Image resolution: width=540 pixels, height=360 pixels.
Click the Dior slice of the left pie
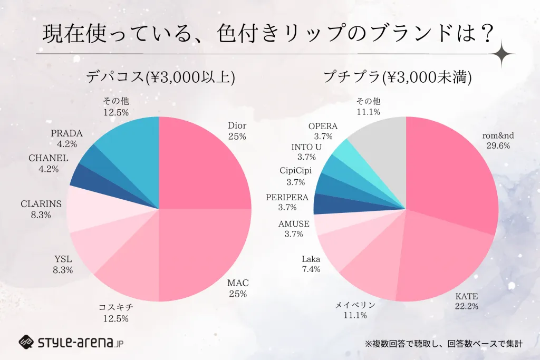click(203, 163)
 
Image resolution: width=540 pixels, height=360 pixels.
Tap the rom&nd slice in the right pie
click(454, 169)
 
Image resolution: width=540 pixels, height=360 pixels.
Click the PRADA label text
click(67, 133)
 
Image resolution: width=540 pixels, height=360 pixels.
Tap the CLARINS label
click(41, 203)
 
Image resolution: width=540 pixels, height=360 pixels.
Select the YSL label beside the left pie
click(63, 259)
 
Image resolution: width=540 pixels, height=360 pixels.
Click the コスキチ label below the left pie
click(116, 307)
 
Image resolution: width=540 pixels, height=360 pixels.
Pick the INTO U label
click(306, 147)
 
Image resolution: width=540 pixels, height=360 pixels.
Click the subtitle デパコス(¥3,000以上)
click(161, 77)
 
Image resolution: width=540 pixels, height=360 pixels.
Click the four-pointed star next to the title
click(510, 54)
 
